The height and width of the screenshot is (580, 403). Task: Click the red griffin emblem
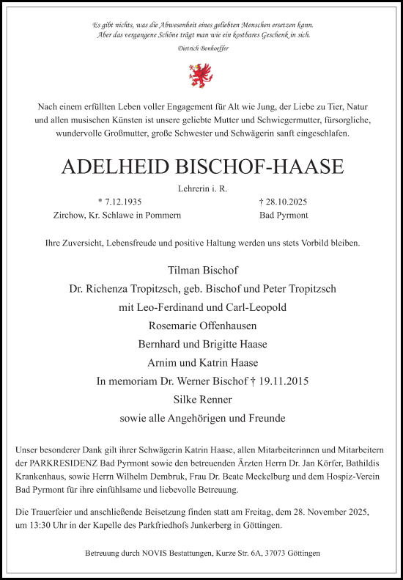click(202, 73)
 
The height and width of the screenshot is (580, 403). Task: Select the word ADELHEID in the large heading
click(110, 167)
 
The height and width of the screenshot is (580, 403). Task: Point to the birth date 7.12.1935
click(122, 201)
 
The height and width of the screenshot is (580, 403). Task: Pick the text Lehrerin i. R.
click(202, 188)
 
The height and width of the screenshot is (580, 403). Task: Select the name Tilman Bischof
click(202, 270)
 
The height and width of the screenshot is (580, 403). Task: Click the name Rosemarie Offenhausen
click(202, 326)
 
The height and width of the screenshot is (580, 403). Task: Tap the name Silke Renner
click(202, 400)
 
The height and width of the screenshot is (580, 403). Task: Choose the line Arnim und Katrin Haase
click(202, 363)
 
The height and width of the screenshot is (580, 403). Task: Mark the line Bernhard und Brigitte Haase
click(202, 345)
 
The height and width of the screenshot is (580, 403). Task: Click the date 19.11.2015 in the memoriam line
click(281, 381)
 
